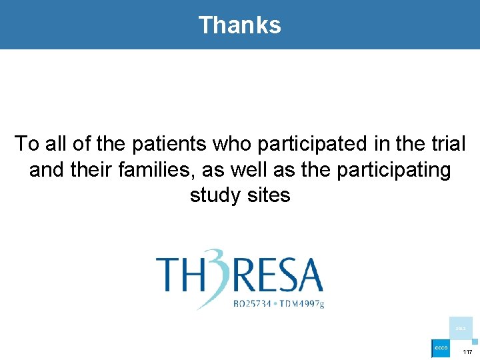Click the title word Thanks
(x=240, y=25)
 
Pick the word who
(x=237, y=144)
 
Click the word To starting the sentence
(x=27, y=144)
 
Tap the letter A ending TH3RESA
(x=309, y=275)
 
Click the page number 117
(x=467, y=351)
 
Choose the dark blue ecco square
(x=441, y=349)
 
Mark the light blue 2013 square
(x=461, y=328)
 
